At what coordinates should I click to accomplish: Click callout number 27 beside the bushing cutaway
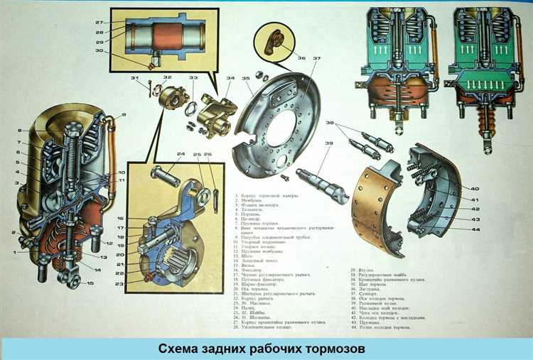[99, 23]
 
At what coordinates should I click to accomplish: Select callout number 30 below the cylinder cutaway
[99, 50]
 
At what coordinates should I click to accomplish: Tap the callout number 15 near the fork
[90, 284]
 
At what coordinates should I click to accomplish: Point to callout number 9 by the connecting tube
[123, 115]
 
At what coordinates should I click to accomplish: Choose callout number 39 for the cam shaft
[329, 143]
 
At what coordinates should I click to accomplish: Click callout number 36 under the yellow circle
[301, 58]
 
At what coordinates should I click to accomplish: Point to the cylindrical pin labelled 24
[166, 171]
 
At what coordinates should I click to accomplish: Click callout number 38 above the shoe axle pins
[330, 124]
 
